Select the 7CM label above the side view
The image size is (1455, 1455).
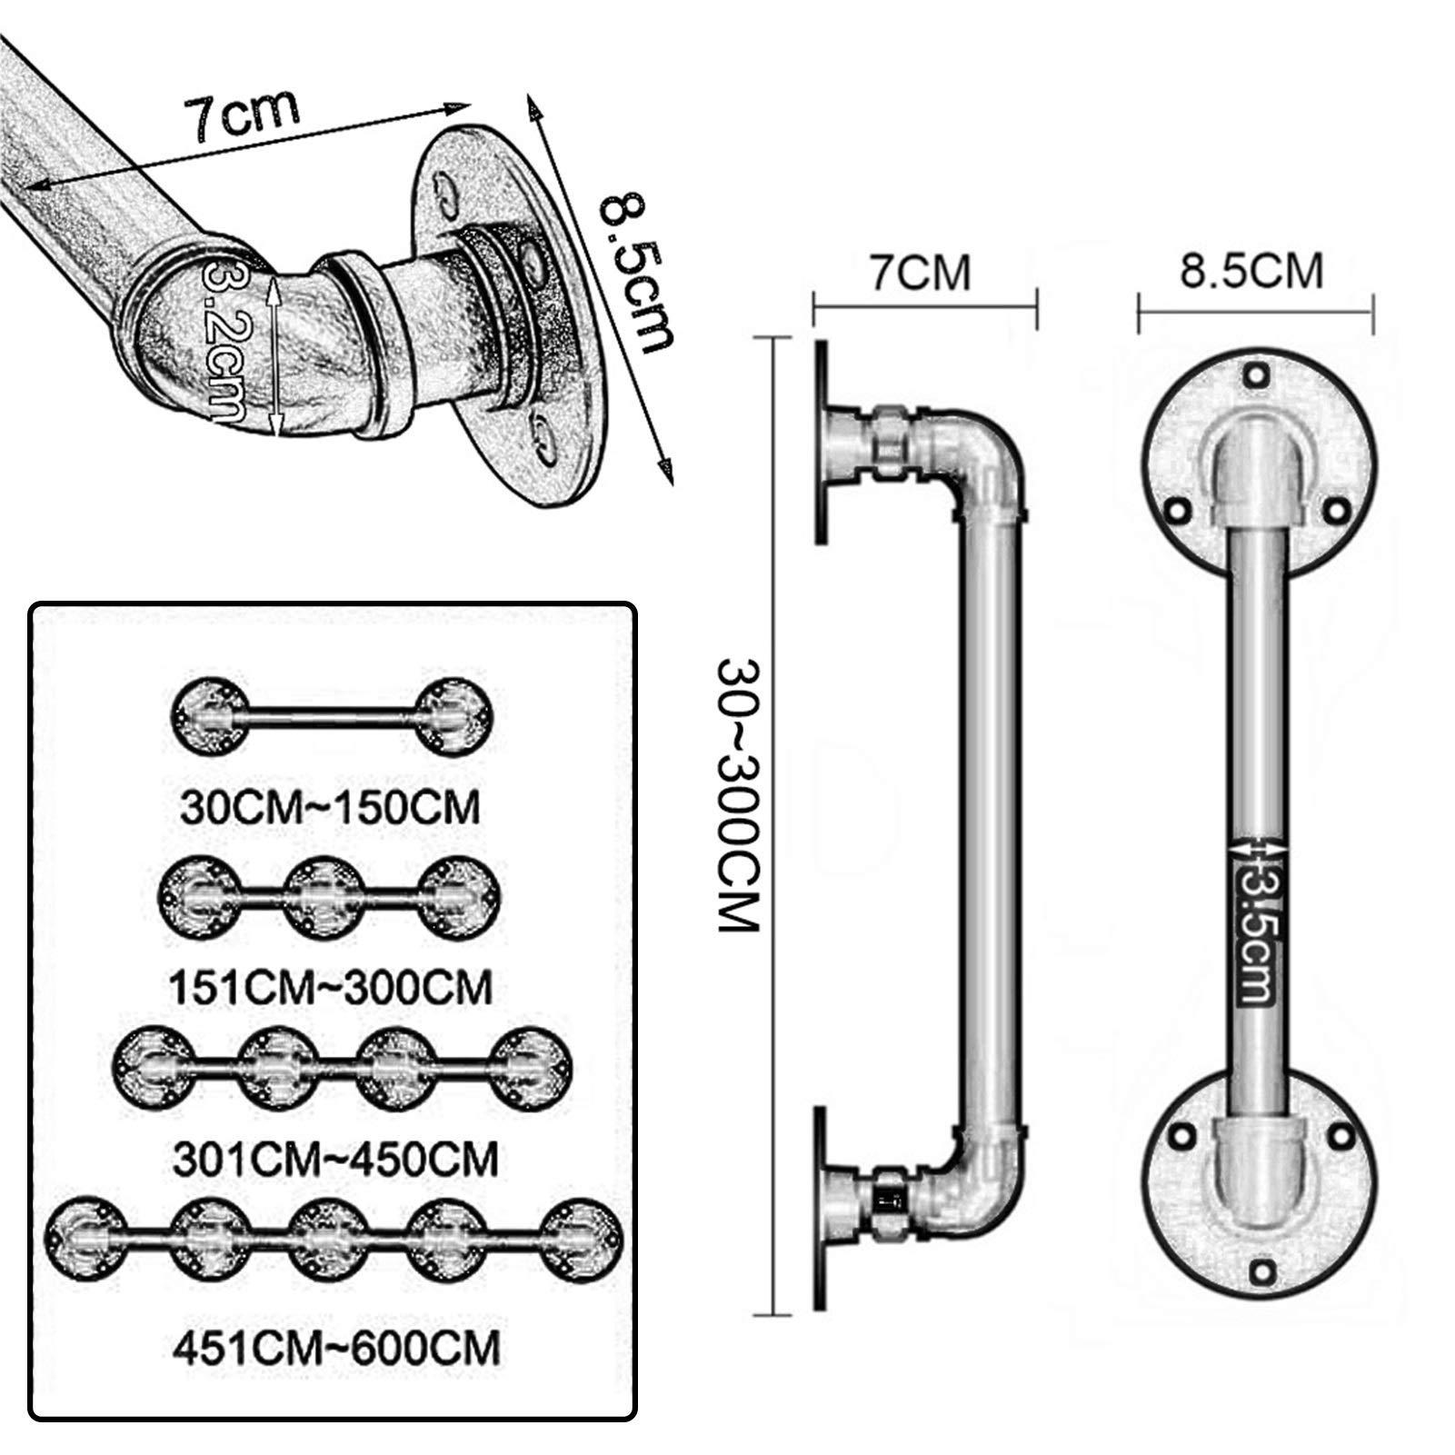click(922, 274)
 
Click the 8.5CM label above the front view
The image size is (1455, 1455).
click(1251, 272)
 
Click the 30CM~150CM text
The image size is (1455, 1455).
click(329, 808)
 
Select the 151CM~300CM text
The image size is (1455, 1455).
click(331, 986)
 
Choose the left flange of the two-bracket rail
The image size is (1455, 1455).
click(210, 716)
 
